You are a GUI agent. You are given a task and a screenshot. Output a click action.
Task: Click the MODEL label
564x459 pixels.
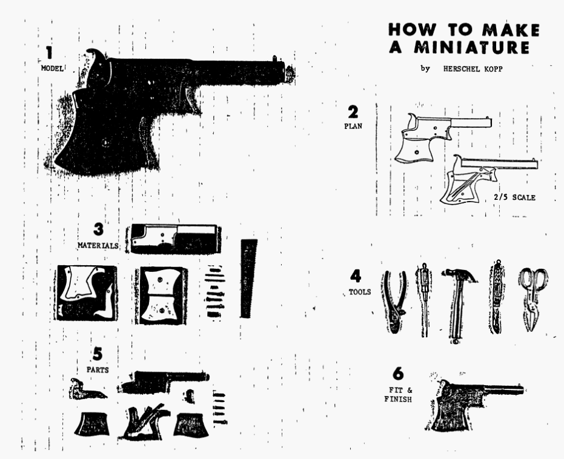click(x=52, y=68)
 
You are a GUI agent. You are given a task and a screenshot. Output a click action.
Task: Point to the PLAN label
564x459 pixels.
click(x=353, y=126)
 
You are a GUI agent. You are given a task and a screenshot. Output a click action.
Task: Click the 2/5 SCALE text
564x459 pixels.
click(x=514, y=197)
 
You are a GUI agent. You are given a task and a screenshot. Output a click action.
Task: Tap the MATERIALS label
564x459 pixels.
click(x=98, y=245)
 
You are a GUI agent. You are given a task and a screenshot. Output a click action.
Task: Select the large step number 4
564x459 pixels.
click(x=356, y=276)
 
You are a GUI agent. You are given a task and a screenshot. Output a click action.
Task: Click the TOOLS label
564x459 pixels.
click(x=360, y=292)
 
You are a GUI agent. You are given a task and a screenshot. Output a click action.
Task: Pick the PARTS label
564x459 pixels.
click(x=98, y=369)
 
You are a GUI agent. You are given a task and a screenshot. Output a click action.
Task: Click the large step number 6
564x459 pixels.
click(x=398, y=374)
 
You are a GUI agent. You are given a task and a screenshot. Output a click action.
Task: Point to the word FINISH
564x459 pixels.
click(x=398, y=399)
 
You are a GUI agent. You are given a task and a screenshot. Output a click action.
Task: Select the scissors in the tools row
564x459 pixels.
click(x=533, y=299)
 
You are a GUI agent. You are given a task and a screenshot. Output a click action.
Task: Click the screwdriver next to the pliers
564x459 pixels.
click(x=425, y=300)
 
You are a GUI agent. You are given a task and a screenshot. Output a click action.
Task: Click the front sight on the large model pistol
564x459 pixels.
click(x=274, y=58)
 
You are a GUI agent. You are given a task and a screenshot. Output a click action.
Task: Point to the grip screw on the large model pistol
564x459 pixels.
click(x=105, y=143)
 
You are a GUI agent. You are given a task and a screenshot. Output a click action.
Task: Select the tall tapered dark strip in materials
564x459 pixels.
click(x=248, y=278)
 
